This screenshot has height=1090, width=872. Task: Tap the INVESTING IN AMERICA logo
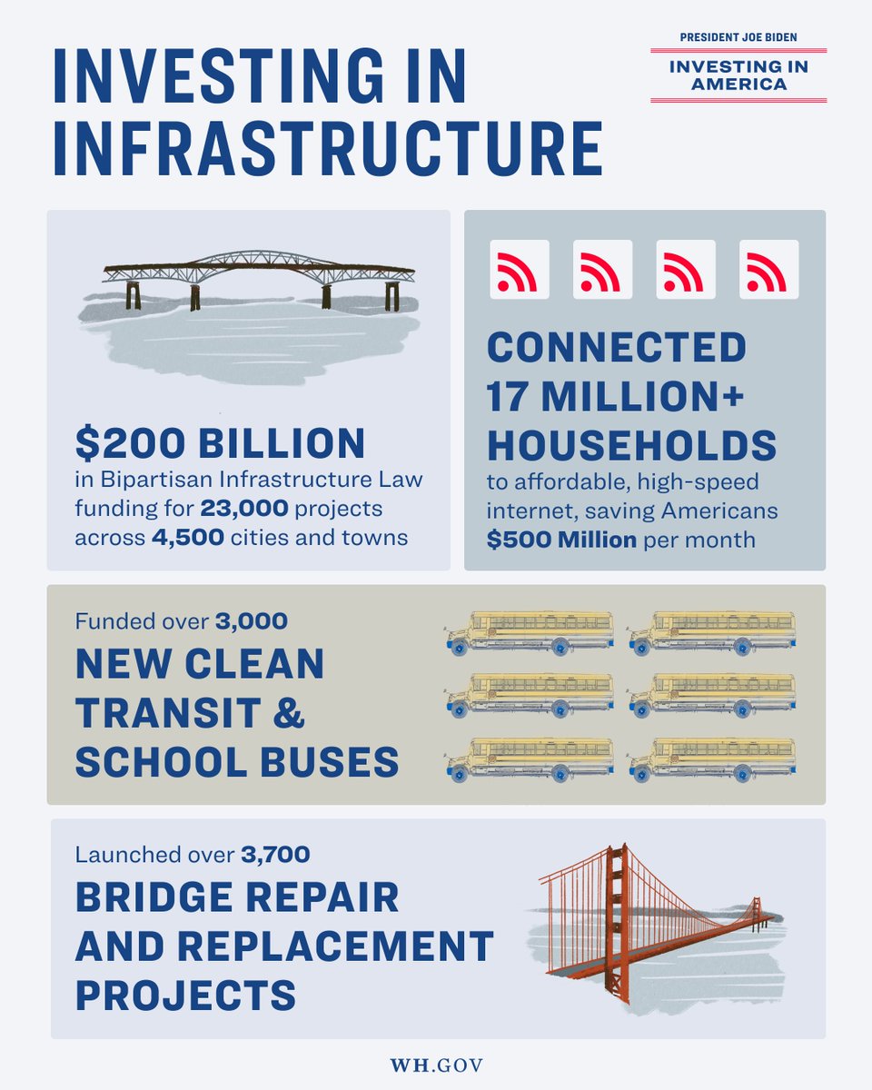(x=738, y=74)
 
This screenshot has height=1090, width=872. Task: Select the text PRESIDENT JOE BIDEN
(x=738, y=37)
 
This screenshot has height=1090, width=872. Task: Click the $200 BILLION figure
(x=220, y=442)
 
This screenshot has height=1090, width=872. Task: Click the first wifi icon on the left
(x=520, y=270)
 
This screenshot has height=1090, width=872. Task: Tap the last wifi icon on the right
(x=768, y=270)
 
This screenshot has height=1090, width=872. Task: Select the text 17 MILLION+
(x=617, y=396)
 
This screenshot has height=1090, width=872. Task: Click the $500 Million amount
(x=561, y=540)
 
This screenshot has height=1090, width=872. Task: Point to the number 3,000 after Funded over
(x=252, y=622)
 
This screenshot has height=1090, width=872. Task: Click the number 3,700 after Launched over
(x=276, y=855)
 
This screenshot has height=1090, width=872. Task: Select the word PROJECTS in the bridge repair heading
(x=185, y=993)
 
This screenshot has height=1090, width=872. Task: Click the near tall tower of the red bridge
(x=618, y=917)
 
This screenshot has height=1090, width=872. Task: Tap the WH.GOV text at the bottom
(x=436, y=1064)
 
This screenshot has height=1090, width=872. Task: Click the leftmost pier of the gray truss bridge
(x=134, y=293)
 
